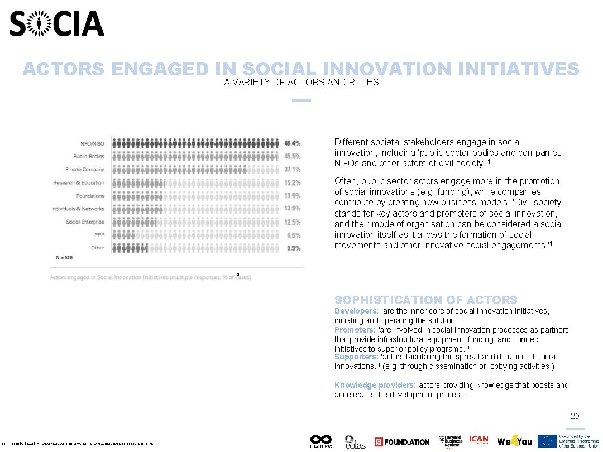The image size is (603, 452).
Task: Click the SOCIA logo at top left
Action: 57,24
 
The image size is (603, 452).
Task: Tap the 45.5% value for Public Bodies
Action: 293,156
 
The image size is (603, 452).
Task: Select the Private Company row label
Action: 85,170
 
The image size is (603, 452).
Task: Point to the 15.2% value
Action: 293,182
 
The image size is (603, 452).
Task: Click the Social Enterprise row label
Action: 85,222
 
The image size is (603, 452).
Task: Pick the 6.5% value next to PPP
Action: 294,235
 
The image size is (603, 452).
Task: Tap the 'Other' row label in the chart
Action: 98,248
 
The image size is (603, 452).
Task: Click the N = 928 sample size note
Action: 64,258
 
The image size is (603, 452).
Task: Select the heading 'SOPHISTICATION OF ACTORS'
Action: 425,300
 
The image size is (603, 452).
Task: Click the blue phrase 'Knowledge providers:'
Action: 375,385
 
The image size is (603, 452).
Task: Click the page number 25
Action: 575,416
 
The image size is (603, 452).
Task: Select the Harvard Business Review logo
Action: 451,441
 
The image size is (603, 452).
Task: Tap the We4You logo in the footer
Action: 515,441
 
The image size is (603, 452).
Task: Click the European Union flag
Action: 547,441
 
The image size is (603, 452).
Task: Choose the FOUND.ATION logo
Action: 402,442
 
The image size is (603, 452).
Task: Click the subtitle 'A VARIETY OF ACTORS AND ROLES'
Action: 301,83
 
